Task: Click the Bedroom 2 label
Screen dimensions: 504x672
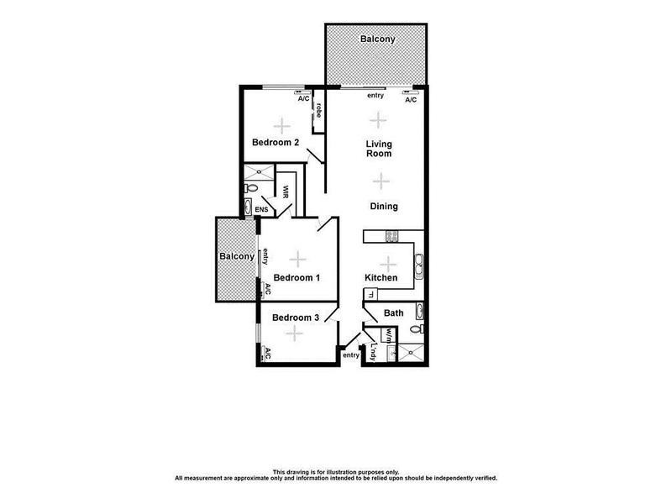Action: [x=276, y=143]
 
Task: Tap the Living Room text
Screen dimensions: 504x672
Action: [x=379, y=149]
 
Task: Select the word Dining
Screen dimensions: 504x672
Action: [x=383, y=206]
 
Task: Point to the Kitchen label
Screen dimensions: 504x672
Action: [x=380, y=277]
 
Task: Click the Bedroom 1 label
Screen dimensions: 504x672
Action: [x=297, y=277]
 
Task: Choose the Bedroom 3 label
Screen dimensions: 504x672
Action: [x=295, y=317]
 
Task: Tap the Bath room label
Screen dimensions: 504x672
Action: [x=393, y=313]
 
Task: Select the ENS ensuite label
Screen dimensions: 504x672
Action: [x=261, y=209]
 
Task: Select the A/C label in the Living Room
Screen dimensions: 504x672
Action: [x=411, y=99]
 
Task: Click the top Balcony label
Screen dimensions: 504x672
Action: [x=377, y=39]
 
